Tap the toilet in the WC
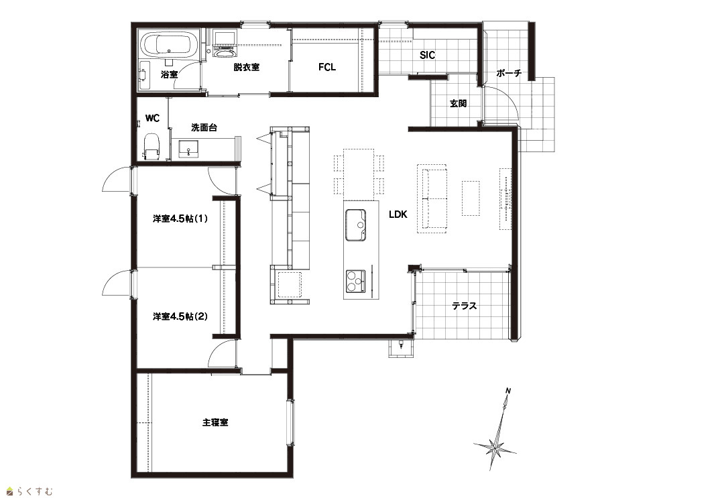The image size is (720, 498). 151,145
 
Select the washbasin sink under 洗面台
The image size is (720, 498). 189,149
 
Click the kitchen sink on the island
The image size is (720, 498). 356,225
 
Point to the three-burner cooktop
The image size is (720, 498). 355,281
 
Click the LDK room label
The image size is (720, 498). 398,214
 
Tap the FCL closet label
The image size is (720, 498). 327,67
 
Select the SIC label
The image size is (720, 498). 427,55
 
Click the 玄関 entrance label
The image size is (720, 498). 458,103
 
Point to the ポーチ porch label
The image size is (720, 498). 509,73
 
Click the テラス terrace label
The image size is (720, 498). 464,306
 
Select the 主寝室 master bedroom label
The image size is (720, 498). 215,422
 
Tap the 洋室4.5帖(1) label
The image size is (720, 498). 180,219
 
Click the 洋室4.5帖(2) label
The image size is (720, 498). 180,316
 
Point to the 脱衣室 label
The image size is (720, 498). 246,67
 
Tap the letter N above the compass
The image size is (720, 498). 508,391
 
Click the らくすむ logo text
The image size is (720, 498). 35,491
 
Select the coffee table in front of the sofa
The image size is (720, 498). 471,198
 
